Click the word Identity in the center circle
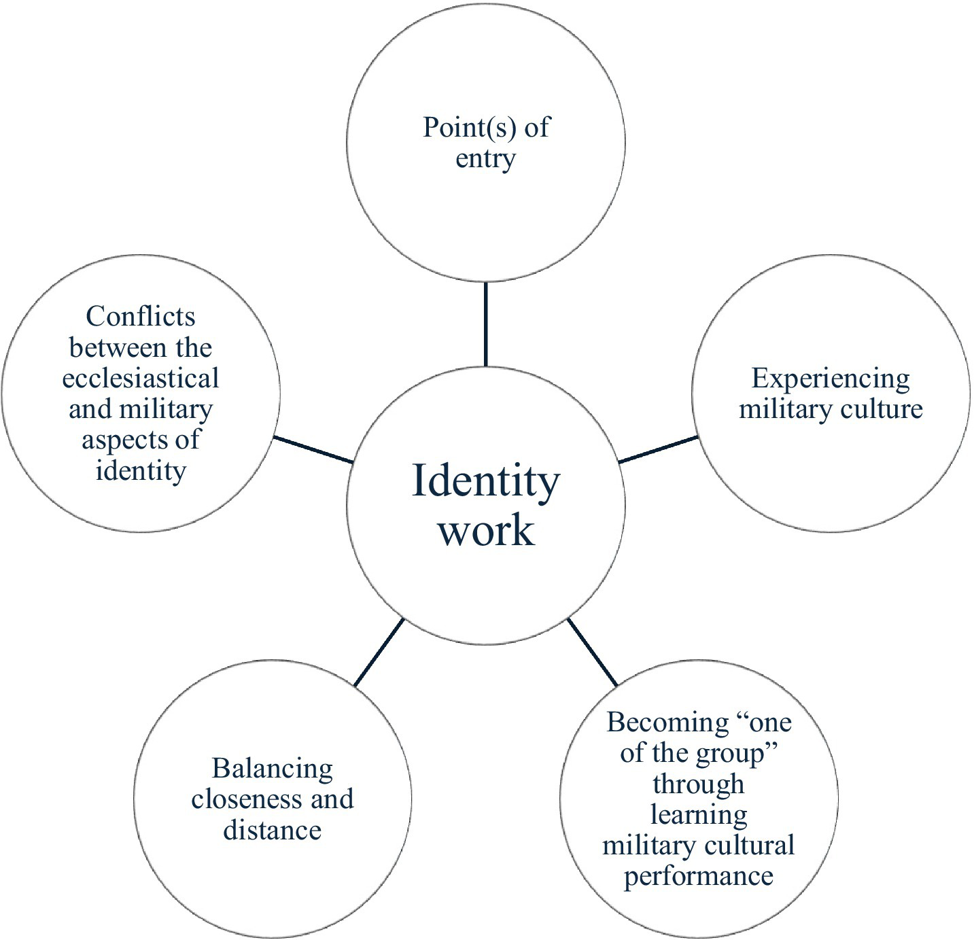click(485, 481)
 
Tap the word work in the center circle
click(485, 531)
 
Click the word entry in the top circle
click(485, 158)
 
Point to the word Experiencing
click(831, 379)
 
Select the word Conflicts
click(141, 316)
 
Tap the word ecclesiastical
click(141, 379)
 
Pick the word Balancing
click(272, 768)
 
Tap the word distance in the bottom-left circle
click(272, 830)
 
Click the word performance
click(698, 876)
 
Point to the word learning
click(698, 814)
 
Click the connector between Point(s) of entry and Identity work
click(485, 324)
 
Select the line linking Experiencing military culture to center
click(658, 449)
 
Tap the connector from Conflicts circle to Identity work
click(313, 450)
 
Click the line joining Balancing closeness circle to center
click(379, 652)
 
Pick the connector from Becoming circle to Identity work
click(593, 652)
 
